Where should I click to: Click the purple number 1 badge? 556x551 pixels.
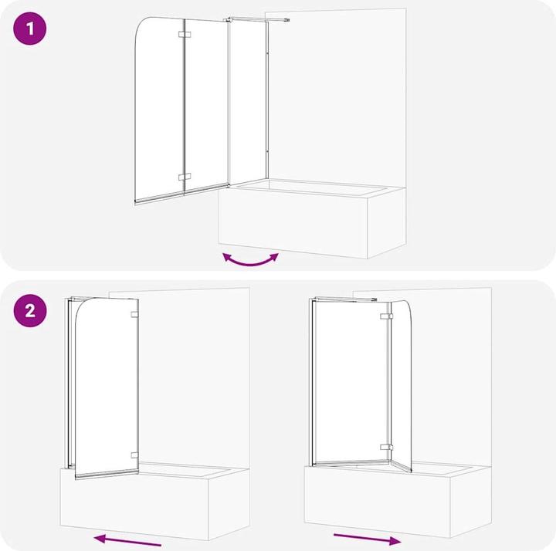pyautogui.click(x=30, y=30)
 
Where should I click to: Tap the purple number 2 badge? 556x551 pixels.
pyautogui.click(x=30, y=311)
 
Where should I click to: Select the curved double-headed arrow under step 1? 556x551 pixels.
pyautogui.click(x=250, y=260)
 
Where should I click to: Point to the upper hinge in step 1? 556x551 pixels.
pyautogui.click(x=184, y=35)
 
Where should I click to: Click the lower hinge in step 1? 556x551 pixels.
pyautogui.click(x=184, y=177)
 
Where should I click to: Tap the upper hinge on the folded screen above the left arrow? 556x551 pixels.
pyautogui.click(x=135, y=315)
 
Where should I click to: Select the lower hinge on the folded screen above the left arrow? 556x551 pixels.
pyautogui.click(x=135, y=455)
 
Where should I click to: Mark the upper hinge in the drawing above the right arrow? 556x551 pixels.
pyautogui.click(x=385, y=316)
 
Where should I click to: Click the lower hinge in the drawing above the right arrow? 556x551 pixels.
pyautogui.click(x=385, y=447)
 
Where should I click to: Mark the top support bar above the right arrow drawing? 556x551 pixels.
pyautogui.click(x=344, y=299)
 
